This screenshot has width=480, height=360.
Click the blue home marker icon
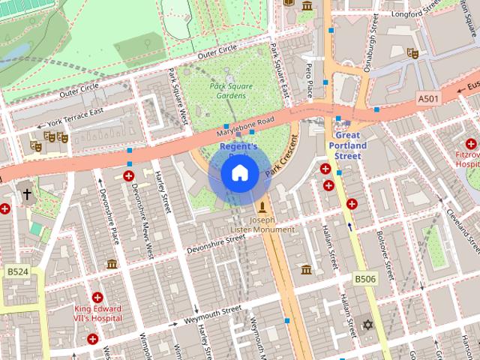coord(240,173)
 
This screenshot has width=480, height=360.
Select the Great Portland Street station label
coord(347,145)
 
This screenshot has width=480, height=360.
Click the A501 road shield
coord(428,98)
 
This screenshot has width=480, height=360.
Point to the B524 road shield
coord(17,271)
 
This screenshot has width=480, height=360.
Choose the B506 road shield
coord(364,279)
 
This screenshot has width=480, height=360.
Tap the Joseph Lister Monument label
coord(262,224)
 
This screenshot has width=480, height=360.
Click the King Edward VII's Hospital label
coord(97,313)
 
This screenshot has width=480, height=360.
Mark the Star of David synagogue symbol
coord(367,324)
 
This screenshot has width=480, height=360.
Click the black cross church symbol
coord(27,194)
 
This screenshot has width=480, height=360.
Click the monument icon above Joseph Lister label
coord(262,206)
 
